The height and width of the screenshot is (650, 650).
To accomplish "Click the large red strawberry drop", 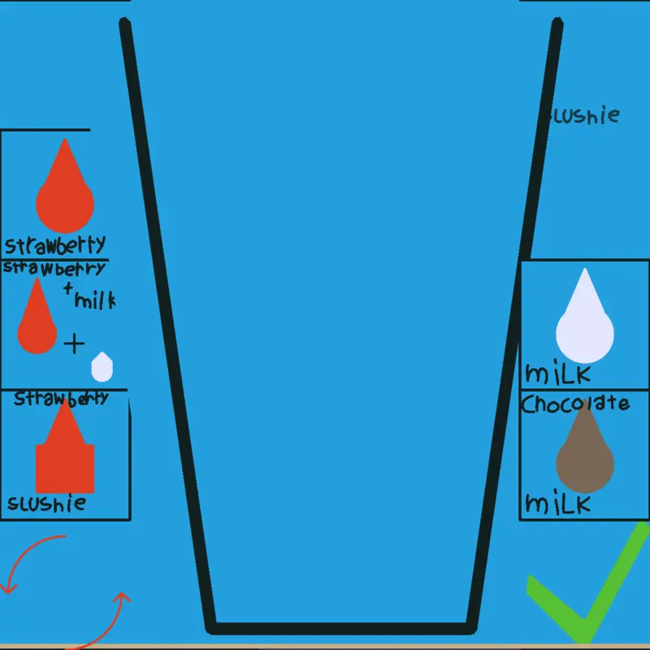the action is [x=65, y=191].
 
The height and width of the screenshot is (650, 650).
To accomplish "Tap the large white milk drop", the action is [x=584, y=321].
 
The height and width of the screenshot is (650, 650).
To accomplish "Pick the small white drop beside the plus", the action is [x=102, y=367].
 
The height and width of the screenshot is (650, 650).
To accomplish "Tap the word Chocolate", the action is [x=575, y=404].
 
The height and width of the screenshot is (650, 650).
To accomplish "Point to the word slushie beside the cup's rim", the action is [x=583, y=115].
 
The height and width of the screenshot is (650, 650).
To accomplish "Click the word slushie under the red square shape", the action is [x=47, y=503].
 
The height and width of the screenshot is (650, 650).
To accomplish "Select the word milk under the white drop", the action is [x=558, y=373].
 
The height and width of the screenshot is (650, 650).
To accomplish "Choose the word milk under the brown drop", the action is [x=558, y=503].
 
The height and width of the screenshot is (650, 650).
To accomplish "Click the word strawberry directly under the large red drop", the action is [x=55, y=245].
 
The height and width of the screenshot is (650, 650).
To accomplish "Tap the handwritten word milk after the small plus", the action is [x=94, y=300].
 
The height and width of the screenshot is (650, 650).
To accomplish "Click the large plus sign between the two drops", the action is [x=74, y=344].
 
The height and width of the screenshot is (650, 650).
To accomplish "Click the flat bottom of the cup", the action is [x=340, y=628].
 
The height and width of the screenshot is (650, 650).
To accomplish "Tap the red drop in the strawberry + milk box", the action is [x=37, y=316].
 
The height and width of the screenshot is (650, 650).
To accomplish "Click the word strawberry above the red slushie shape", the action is [x=62, y=398].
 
